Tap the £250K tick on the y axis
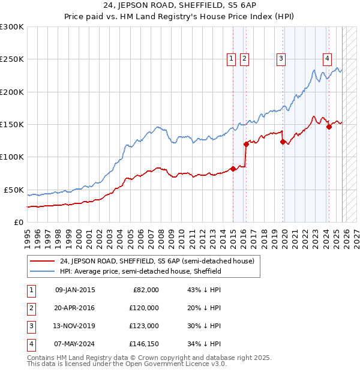pos(12,59)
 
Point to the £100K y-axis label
pos(12,157)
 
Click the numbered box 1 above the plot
pos(232,58)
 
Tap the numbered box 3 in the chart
pos(281,58)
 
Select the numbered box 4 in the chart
pos(327,58)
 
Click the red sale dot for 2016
pos(246,144)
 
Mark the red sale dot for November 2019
pos(283,142)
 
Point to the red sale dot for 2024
pos(329,127)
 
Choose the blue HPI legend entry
pos(140,271)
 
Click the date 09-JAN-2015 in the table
pos(74,290)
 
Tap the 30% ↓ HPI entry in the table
pos(203,326)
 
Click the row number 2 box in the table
pos(29,308)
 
